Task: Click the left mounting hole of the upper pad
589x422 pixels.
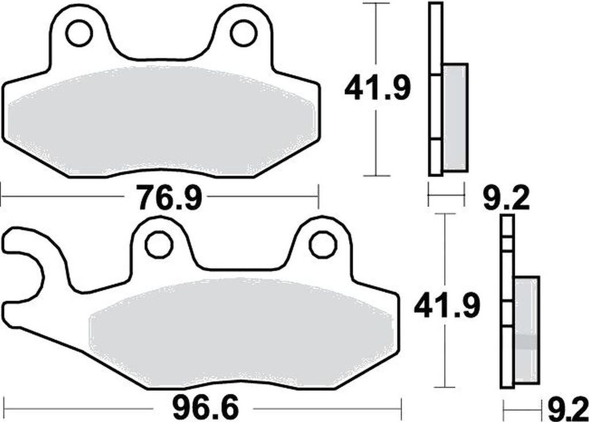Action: pos(79,33)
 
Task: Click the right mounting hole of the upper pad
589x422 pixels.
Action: pos(243,33)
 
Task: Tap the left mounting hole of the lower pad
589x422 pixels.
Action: pos(159,245)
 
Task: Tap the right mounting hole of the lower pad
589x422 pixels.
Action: pos(323,245)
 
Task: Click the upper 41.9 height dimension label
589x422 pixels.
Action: pos(377,89)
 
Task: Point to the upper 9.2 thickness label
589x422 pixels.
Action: pos(505,200)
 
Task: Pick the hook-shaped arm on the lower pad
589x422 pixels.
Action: pos(29,253)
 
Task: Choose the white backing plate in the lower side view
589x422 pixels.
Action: pos(507,299)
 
